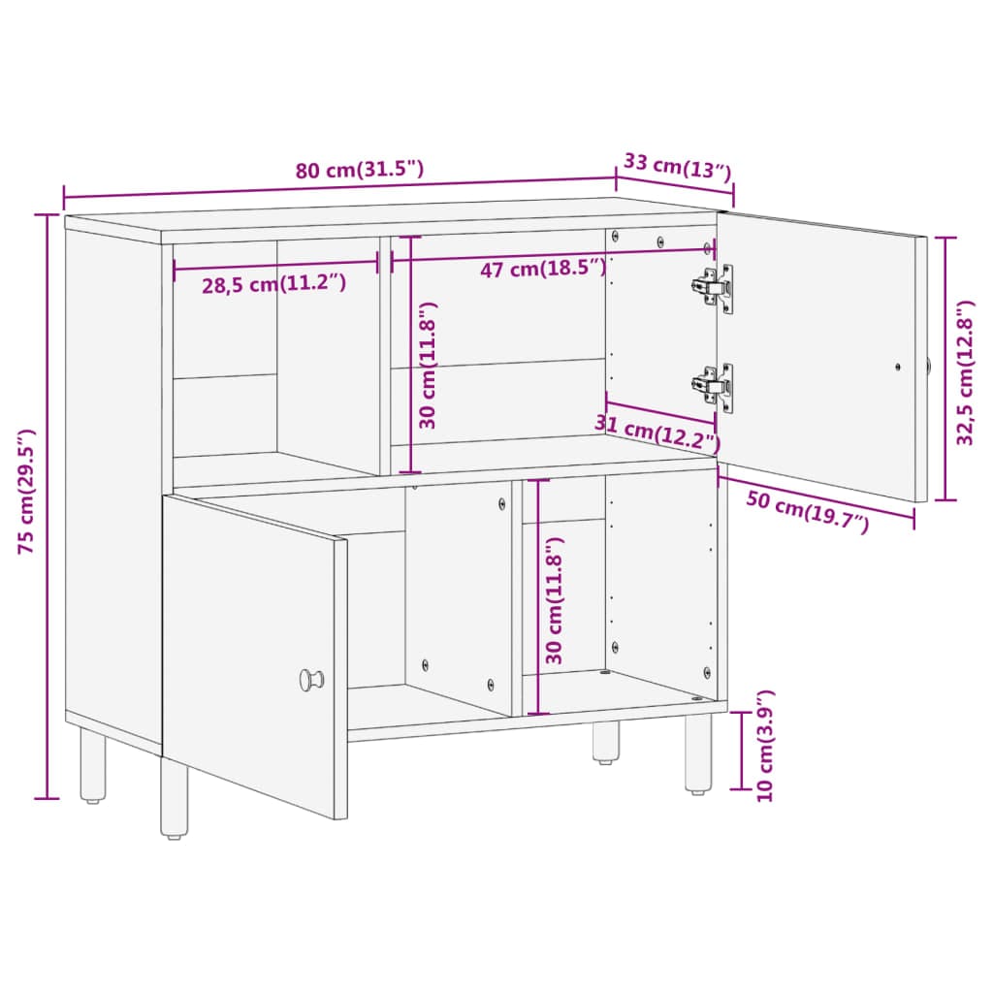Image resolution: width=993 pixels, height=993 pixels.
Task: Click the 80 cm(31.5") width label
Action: coord(359,170)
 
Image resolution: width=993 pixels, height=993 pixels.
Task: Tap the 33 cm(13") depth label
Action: coord(678,167)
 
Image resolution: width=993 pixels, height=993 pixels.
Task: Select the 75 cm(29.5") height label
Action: coord(26,492)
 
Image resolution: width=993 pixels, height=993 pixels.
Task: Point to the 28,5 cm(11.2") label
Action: coord(274,284)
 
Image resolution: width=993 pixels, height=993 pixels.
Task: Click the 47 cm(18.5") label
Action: coord(543,269)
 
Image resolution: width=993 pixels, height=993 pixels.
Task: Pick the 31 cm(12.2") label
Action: coord(657,432)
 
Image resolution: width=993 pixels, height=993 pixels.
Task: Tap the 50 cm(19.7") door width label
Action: coord(808,512)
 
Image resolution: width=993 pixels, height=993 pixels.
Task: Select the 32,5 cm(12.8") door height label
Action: coord(965,373)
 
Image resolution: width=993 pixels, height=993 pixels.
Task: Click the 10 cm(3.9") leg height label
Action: coord(765,746)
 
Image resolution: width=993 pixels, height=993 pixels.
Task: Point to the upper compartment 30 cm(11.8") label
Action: coord(428,366)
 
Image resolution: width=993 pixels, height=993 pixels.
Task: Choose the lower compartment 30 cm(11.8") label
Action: coord(554,600)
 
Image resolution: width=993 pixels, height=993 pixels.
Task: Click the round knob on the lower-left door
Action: coord(311,680)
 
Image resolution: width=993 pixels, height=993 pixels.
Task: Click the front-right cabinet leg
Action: coord(698,753)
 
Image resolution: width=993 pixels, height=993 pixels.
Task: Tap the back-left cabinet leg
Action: coord(93,766)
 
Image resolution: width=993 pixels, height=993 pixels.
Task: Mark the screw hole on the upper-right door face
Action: coord(897,367)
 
